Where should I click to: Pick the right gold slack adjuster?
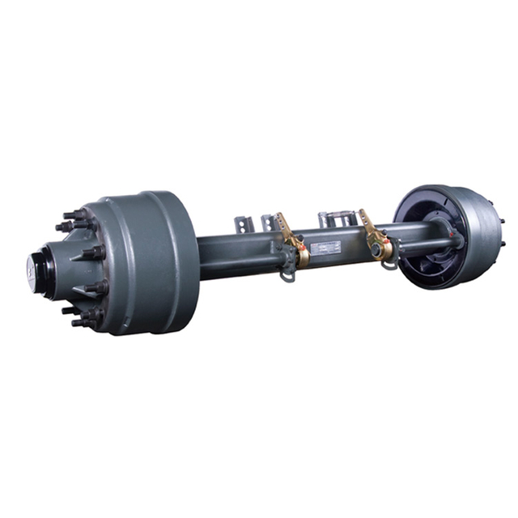coord(378,236)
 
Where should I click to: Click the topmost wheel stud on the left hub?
coord(74,214)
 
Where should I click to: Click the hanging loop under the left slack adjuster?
coord(287,274)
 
